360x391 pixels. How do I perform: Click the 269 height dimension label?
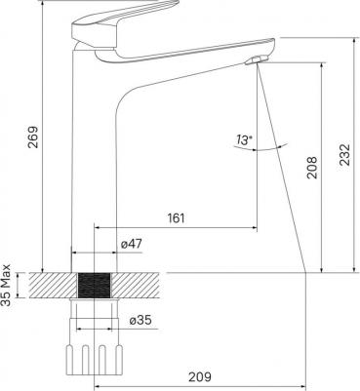(x=32, y=137)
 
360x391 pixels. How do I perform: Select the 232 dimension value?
(x=344, y=154)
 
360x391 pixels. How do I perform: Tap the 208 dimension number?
(x=312, y=168)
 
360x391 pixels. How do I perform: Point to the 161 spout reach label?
(x=176, y=218)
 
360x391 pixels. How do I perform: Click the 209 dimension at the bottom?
(x=200, y=376)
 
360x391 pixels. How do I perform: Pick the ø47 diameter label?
(x=132, y=244)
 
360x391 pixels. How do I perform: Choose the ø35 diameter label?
(x=140, y=320)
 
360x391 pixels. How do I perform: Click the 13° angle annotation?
(x=244, y=140)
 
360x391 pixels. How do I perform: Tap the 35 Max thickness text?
(x=6, y=286)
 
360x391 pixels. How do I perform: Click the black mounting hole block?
(x=94, y=286)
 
